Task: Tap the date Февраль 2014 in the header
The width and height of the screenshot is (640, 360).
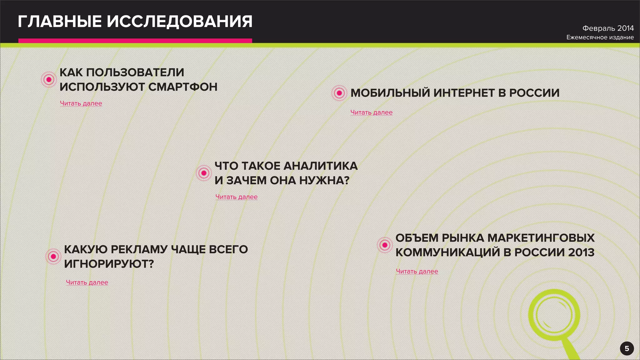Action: (x=608, y=28)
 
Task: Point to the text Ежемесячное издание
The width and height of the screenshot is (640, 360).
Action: (x=600, y=37)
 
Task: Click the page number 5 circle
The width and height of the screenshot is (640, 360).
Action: (x=627, y=348)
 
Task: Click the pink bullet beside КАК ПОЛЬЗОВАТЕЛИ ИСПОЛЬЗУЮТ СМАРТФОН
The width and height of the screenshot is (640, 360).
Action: (x=49, y=79)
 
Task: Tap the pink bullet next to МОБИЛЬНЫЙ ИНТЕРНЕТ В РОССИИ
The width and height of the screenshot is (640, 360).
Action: (x=339, y=93)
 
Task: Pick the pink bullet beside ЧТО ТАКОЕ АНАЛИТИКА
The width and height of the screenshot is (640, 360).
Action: (x=204, y=173)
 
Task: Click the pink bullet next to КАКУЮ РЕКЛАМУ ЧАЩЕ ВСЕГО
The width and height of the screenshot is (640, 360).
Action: (x=53, y=257)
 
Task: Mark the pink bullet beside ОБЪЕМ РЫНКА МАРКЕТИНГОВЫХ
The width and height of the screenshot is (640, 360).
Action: (x=385, y=245)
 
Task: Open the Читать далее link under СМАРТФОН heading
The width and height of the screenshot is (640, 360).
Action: (x=81, y=103)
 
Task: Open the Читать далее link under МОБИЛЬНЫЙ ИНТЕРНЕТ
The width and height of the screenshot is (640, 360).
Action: (x=371, y=112)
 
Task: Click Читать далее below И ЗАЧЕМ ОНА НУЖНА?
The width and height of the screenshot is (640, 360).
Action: (x=237, y=197)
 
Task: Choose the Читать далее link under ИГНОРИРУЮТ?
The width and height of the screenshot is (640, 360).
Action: (x=87, y=282)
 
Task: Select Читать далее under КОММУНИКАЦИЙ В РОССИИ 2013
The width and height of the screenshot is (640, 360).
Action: (x=417, y=271)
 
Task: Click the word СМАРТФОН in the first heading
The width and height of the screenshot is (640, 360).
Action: (x=183, y=87)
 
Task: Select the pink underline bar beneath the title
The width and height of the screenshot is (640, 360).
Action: (x=135, y=41)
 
